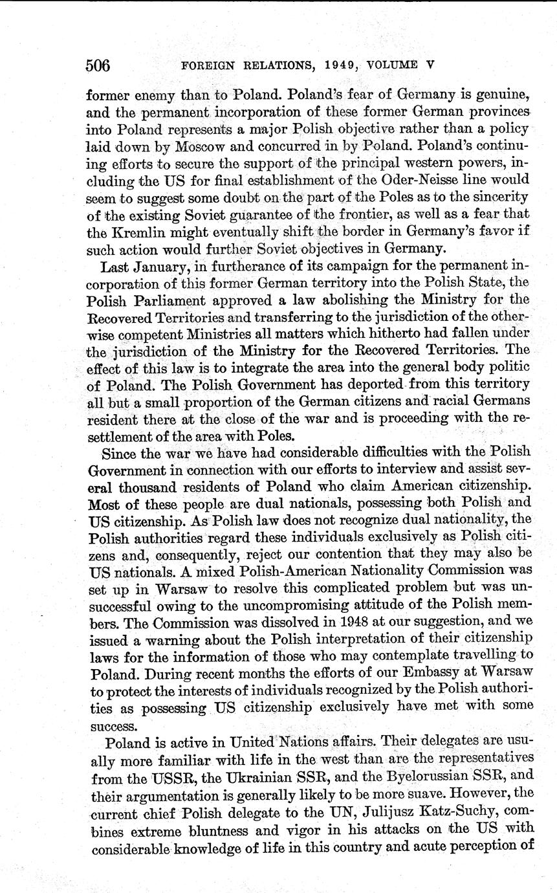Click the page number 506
pyautogui.click(x=98, y=65)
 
